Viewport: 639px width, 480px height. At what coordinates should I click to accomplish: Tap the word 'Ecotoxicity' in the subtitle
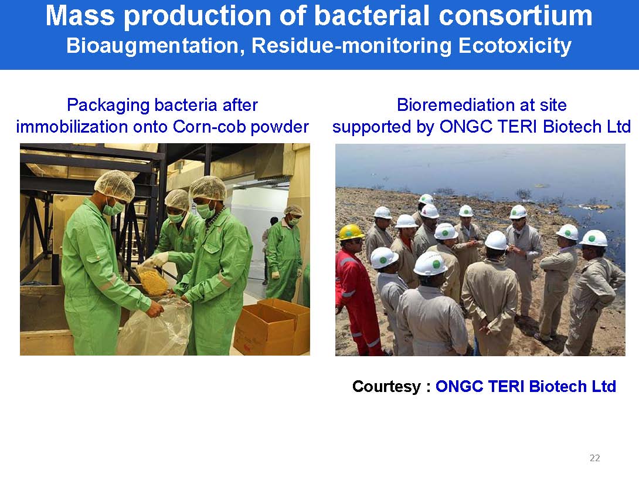point(515,46)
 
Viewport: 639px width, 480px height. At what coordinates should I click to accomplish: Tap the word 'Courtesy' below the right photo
point(386,387)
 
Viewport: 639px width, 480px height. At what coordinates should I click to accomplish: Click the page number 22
point(594,458)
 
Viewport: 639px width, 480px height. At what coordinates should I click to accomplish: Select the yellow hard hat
point(351,232)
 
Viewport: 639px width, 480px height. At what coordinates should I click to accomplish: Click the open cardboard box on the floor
point(272,326)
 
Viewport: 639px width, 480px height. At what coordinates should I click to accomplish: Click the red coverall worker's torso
point(349,278)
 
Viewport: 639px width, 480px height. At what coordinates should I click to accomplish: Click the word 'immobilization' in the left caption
point(71,127)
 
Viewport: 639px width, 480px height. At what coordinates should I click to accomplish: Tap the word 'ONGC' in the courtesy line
point(459,387)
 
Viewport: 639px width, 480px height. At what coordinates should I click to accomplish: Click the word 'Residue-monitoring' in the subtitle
point(351,46)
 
